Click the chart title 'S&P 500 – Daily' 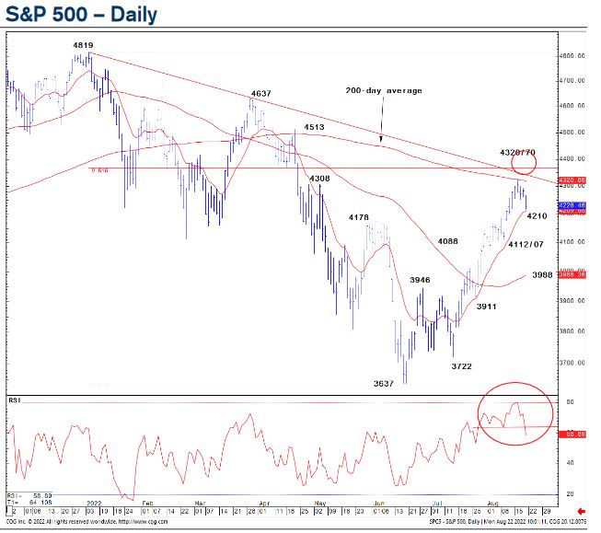coord(81,16)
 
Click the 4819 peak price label coord(84,44)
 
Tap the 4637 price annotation coord(260,94)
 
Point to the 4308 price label coord(319,178)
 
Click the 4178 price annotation coord(358,217)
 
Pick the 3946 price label coord(420,279)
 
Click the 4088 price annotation coord(448,241)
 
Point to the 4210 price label coord(537,215)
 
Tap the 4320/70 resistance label coord(517,150)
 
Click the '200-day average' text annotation coord(384,90)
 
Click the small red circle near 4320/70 coord(524,165)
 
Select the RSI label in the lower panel coord(15,400)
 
